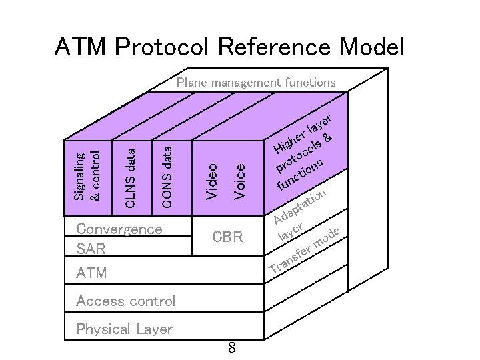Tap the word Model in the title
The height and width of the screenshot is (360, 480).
(x=371, y=47)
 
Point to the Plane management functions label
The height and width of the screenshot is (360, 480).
(x=256, y=83)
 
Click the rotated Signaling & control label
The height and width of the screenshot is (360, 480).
(x=87, y=176)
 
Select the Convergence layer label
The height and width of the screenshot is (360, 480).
(x=119, y=229)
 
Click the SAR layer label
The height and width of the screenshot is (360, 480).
(x=91, y=249)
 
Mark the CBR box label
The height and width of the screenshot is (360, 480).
(x=227, y=237)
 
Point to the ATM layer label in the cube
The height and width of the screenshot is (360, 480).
(x=91, y=273)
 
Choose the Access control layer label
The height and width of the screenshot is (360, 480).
(x=126, y=301)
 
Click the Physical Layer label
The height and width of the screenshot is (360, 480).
(x=124, y=329)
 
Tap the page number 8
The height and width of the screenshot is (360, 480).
(x=231, y=348)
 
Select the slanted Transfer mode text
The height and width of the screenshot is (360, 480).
(x=305, y=253)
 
